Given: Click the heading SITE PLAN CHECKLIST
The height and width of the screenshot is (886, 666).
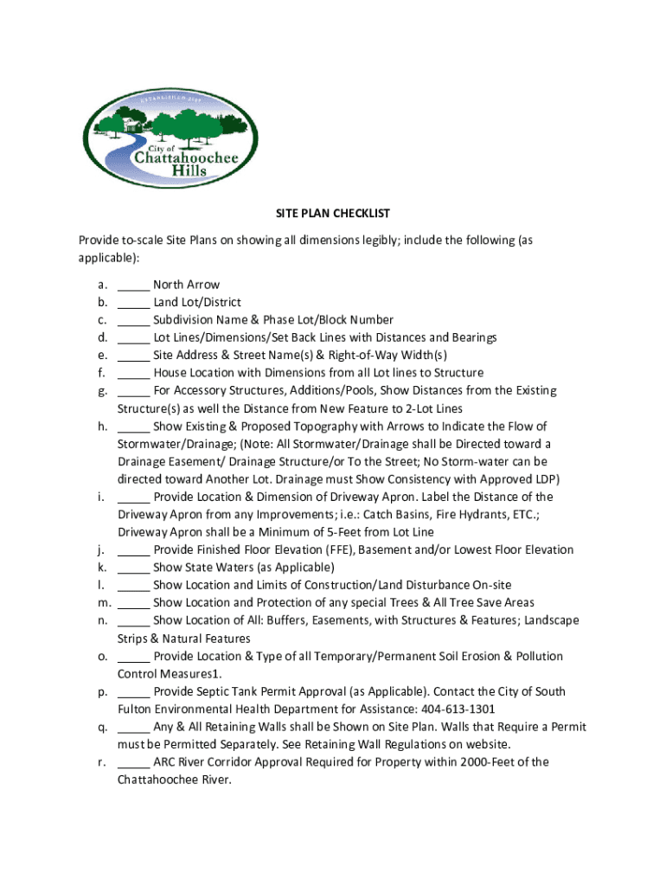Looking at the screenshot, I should coord(332,213).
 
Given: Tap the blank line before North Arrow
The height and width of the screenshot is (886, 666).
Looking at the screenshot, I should coord(133,285).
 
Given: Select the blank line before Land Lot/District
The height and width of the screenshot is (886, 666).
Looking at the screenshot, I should coord(133,303).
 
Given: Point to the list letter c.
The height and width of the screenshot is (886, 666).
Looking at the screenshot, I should coord(102,320).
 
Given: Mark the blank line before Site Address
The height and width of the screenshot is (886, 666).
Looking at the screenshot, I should coord(133,356).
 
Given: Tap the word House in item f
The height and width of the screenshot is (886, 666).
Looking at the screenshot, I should coord(170,373).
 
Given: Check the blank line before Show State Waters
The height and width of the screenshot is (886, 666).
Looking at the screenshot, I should coord(133,568).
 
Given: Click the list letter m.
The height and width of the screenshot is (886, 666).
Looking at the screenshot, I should coord(103,603).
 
